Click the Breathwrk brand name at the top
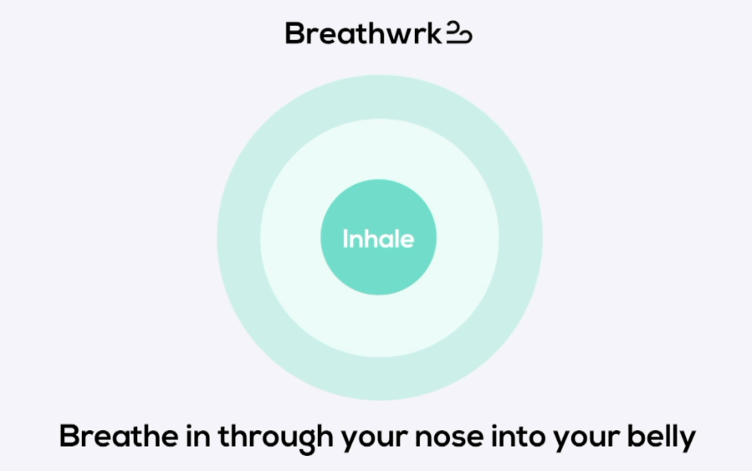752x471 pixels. (x=363, y=33)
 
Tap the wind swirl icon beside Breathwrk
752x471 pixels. (x=459, y=33)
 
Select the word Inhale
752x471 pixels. (x=378, y=238)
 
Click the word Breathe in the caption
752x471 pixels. (x=119, y=436)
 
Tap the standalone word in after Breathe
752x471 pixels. (x=198, y=436)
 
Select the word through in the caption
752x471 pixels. (x=276, y=438)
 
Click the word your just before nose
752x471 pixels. (x=374, y=440)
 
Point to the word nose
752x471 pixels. (x=449, y=438)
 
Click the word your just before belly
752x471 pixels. (x=586, y=440)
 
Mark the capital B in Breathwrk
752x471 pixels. (x=295, y=33)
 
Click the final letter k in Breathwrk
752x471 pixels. (x=434, y=33)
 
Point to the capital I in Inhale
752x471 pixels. (x=345, y=238)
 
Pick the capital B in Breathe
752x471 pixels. (x=70, y=436)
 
